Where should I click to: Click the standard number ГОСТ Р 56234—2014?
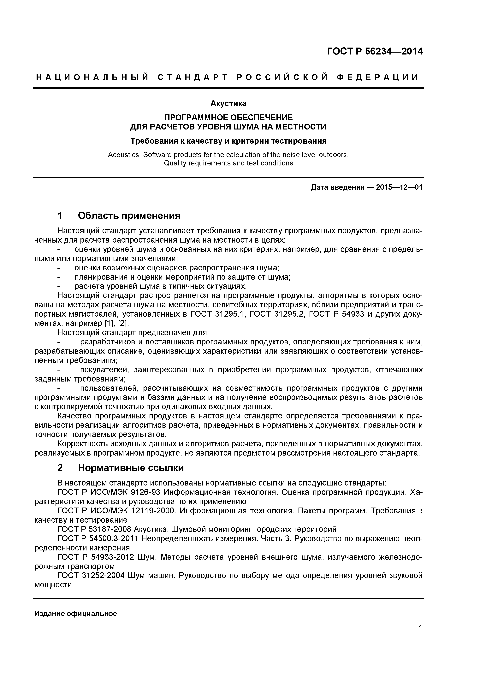375,51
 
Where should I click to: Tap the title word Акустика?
228,103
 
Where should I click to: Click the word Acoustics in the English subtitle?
124,155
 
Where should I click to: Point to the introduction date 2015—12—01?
399,187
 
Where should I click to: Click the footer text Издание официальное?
76,614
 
